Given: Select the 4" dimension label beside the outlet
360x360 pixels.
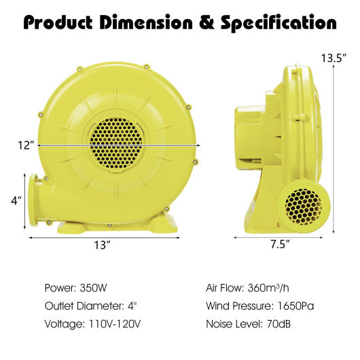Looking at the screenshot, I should [x=16, y=200].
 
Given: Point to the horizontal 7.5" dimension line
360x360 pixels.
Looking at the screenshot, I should [x=279, y=237].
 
